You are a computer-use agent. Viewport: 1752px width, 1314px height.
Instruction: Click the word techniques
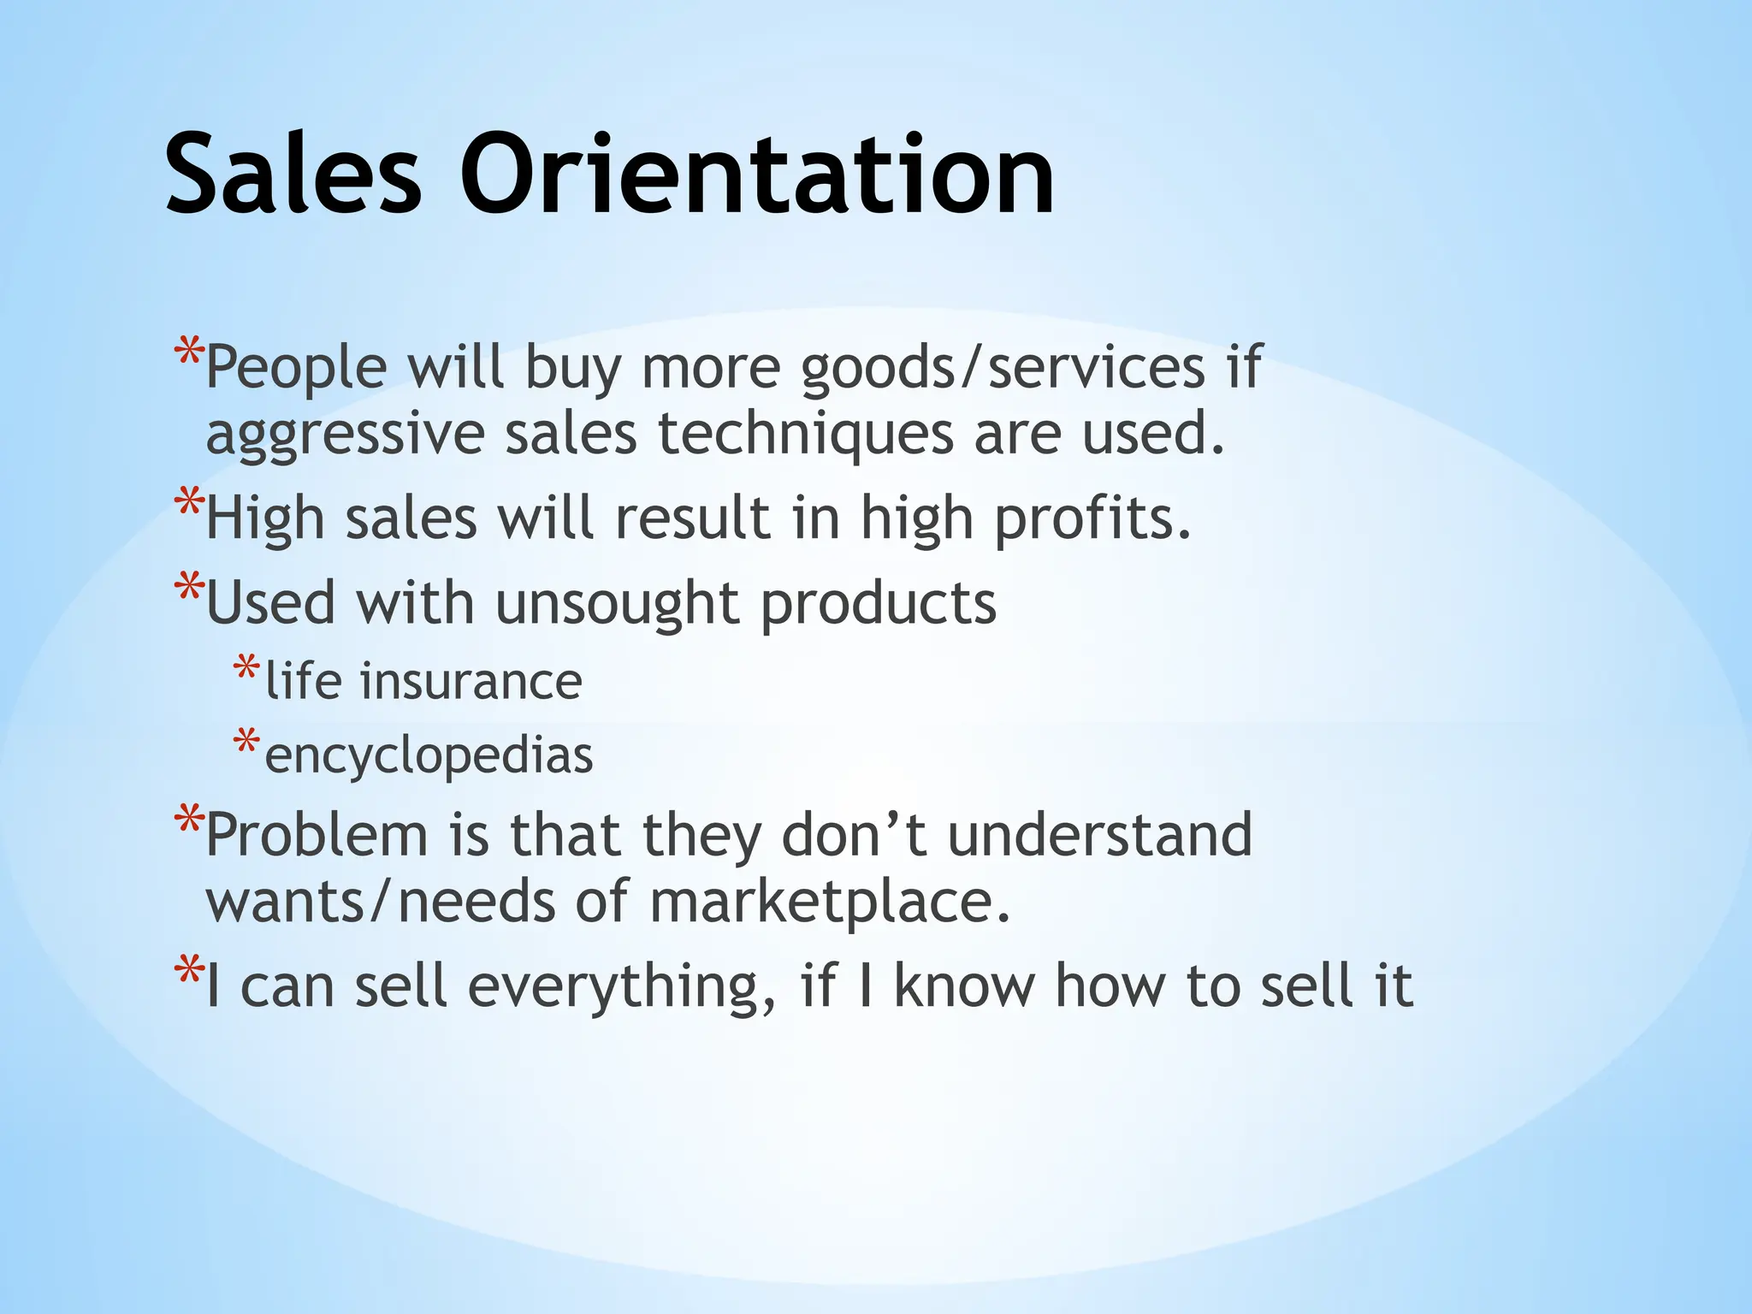tap(805, 434)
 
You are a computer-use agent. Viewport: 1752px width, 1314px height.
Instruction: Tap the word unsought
tap(617, 604)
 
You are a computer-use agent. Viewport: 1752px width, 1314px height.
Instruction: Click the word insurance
tap(471, 682)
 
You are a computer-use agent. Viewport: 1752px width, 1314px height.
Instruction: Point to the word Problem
tap(317, 836)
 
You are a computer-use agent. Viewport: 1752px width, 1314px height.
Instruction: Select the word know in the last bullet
tap(964, 986)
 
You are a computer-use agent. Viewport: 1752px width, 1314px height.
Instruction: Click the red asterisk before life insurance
tap(246, 667)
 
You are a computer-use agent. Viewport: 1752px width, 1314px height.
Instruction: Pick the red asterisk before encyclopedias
tap(246, 742)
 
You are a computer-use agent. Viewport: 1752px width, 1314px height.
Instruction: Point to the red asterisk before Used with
tap(188, 588)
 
